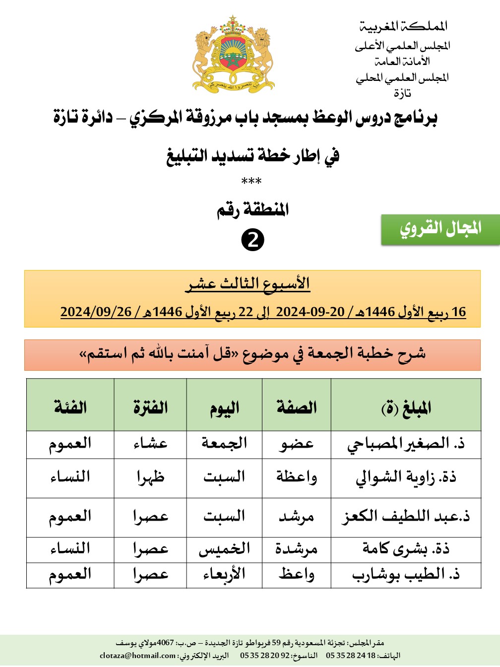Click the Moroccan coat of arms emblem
(x=233, y=55)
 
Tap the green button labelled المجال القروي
(x=440, y=229)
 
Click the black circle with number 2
(x=252, y=240)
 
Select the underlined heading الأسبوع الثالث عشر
(x=248, y=284)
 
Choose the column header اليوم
(x=224, y=408)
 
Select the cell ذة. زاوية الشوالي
(x=406, y=477)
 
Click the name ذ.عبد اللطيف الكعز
(x=406, y=517)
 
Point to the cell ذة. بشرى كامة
(x=406, y=549)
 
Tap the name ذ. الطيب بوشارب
(x=406, y=575)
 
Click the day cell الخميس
(x=224, y=549)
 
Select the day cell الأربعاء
(x=224, y=575)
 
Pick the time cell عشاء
(x=150, y=444)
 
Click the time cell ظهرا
(x=150, y=477)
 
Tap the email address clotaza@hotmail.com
(x=137, y=656)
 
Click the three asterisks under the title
(x=251, y=182)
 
